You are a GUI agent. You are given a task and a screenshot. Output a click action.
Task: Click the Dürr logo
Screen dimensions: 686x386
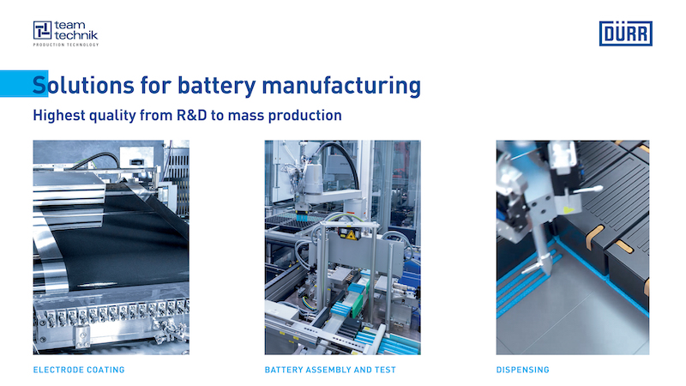(626, 33)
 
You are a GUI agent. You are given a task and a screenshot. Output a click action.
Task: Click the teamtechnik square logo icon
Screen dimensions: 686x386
(42, 30)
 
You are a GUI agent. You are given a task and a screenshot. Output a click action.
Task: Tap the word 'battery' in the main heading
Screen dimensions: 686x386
(217, 85)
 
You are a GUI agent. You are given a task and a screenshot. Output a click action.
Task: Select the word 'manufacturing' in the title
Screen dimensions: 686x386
(341, 85)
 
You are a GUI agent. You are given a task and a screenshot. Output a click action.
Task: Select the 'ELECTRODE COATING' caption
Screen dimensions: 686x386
(79, 370)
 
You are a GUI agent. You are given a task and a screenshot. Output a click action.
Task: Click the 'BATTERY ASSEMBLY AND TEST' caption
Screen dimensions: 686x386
(330, 370)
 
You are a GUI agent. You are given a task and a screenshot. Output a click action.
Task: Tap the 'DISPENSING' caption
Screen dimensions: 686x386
(523, 370)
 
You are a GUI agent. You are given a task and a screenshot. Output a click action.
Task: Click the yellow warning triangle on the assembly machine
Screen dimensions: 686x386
(351, 235)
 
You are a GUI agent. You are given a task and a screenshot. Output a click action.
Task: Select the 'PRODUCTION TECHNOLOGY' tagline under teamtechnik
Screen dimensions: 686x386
(66, 45)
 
